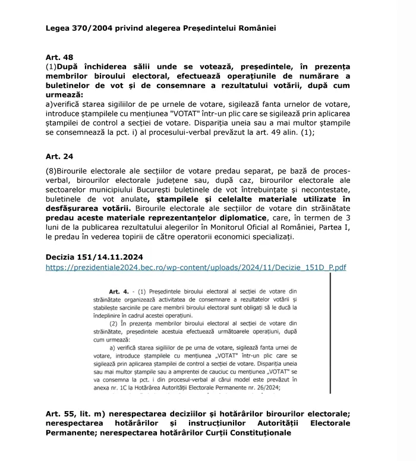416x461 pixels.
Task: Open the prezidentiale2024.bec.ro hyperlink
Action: click(196, 268)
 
